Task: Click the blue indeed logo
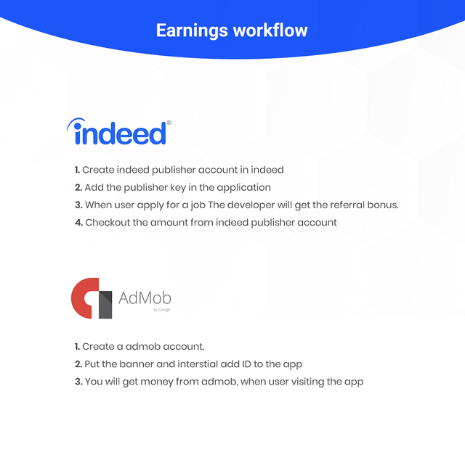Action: coord(117,134)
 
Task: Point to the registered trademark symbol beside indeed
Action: coord(169,123)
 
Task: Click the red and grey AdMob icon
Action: coord(92,298)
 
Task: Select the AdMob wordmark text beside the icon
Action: coord(145,298)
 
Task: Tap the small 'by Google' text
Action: coord(162,310)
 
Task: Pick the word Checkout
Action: coord(108,222)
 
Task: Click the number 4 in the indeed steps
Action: coord(78,222)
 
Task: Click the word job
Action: coord(196,205)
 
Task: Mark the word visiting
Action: coord(306,381)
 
